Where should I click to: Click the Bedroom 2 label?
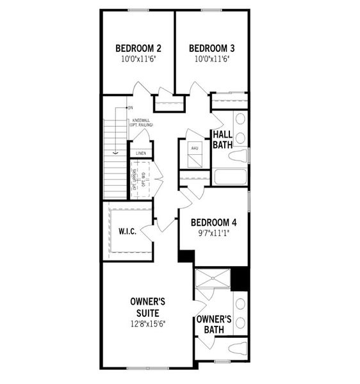click(138, 48)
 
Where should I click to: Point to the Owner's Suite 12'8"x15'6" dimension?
click(149, 325)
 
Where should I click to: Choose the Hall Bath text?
click(222, 139)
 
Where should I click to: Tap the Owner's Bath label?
click(213, 324)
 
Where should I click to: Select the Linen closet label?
click(141, 154)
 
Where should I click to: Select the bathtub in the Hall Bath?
click(231, 176)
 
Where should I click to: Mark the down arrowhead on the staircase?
click(115, 153)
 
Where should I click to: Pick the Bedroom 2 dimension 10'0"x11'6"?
click(138, 59)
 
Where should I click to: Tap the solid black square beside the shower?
click(240, 278)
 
